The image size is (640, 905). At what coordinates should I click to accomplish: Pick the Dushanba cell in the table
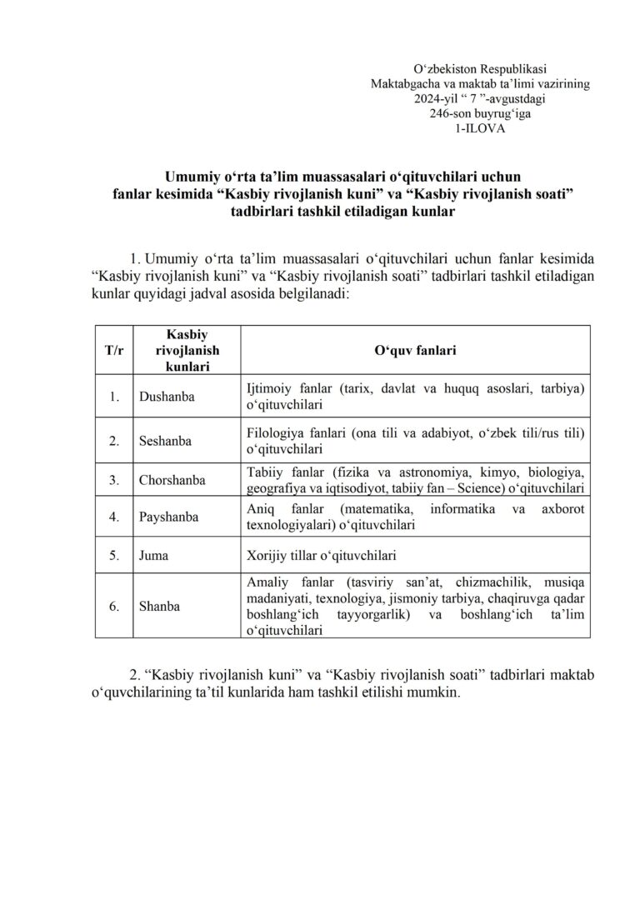(x=167, y=397)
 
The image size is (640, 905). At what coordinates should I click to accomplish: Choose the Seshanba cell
(x=165, y=441)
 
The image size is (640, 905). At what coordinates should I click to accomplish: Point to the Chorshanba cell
(x=172, y=480)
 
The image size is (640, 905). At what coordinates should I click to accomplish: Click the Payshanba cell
(x=169, y=517)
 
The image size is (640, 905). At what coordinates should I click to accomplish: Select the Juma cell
(x=153, y=553)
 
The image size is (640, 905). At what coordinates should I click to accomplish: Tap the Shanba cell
(x=160, y=606)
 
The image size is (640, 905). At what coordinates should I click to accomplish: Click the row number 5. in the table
(x=113, y=553)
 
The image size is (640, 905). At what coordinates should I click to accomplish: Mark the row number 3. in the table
(x=113, y=480)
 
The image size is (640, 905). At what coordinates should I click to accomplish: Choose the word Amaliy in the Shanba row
(x=267, y=583)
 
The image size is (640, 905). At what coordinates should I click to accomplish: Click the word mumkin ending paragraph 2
(x=438, y=693)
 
